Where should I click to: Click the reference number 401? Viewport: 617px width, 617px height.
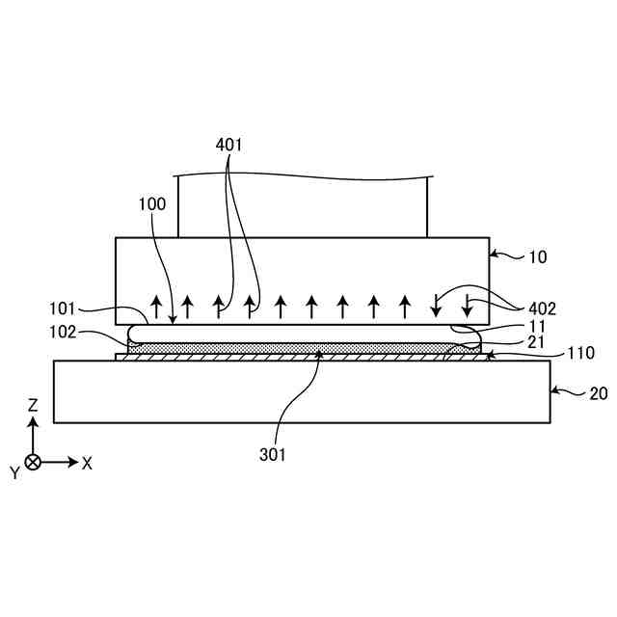228,145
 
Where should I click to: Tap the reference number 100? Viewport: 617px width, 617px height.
152,204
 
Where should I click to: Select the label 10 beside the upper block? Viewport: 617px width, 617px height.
537,257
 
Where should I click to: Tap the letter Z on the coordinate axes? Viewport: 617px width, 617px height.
33,406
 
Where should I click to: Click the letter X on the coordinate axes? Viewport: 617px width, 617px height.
88,463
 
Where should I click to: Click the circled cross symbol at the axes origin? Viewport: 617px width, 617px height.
33,463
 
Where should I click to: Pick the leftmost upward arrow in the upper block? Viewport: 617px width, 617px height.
156,308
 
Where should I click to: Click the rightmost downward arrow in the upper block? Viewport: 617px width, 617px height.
468,307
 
